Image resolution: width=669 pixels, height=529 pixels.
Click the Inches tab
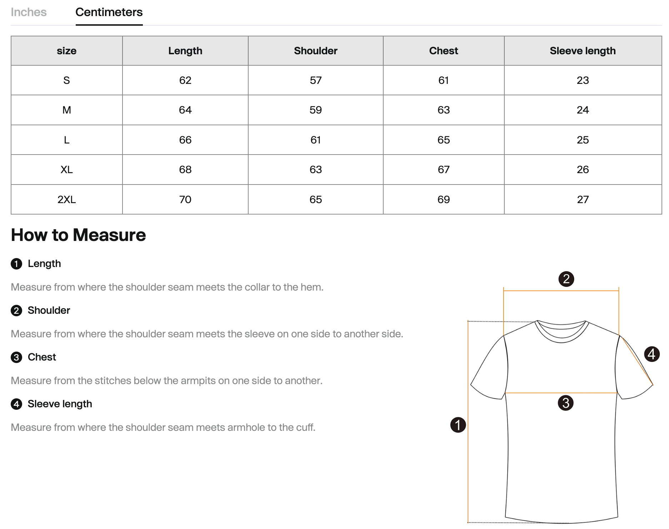(x=29, y=12)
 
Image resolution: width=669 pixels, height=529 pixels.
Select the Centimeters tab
(x=109, y=12)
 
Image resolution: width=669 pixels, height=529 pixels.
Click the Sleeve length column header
(x=583, y=51)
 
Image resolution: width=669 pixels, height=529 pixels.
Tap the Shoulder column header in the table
(x=315, y=51)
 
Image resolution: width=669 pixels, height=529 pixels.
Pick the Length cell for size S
(x=185, y=80)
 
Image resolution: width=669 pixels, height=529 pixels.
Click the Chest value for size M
(x=443, y=110)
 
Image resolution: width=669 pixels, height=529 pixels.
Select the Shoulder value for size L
(x=315, y=140)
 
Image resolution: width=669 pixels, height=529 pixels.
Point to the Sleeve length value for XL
(x=583, y=170)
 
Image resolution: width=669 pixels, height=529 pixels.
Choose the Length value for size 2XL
(x=185, y=200)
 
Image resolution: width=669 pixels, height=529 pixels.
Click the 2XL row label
(x=66, y=200)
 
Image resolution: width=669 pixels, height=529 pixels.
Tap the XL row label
(x=66, y=170)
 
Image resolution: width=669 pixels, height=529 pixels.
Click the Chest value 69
(x=443, y=200)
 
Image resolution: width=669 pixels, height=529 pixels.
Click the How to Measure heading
(x=78, y=235)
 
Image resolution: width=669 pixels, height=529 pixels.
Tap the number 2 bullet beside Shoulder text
(x=16, y=311)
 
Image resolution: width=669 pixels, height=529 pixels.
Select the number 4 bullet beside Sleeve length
(x=16, y=404)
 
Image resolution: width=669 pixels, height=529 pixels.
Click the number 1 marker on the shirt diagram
(x=458, y=425)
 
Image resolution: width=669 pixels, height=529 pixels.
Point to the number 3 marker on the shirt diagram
(x=565, y=403)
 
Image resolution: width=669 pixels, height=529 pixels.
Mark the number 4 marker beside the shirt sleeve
(x=651, y=354)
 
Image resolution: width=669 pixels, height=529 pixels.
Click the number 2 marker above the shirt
(x=566, y=279)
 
